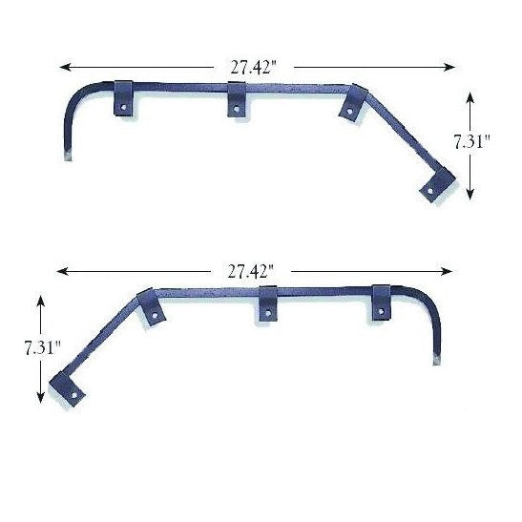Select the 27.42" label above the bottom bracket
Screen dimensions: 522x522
[252, 271]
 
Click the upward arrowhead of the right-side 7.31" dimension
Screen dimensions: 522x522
[470, 94]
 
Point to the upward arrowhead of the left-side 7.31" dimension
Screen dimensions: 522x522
[41, 299]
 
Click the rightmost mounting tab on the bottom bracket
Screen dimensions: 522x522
[382, 302]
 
